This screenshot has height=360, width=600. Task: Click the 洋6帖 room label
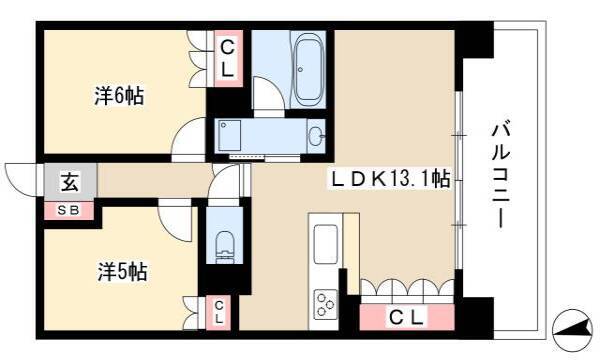point(119,96)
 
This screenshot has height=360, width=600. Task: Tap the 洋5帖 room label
point(122,272)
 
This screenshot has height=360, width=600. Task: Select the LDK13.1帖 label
point(390,178)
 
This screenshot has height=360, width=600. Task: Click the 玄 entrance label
point(70,182)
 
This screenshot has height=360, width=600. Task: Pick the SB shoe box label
point(68,210)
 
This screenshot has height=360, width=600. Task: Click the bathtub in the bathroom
point(308,70)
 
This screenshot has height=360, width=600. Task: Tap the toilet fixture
point(224,244)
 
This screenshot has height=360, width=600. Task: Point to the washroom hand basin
point(316,136)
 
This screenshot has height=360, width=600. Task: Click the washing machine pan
point(229,136)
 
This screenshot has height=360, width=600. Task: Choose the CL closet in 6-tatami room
point(228,59)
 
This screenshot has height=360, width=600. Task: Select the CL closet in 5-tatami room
point(219,313)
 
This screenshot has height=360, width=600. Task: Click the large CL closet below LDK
point(407,317)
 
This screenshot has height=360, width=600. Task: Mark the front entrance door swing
point(22,180)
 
